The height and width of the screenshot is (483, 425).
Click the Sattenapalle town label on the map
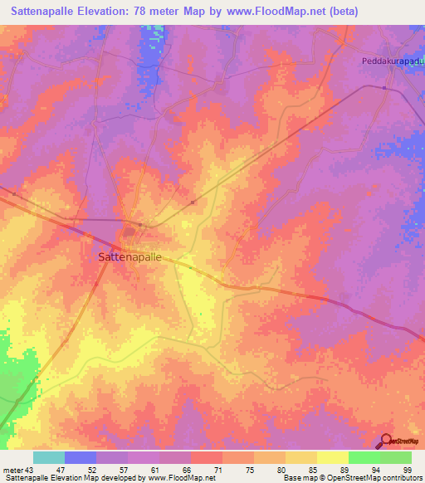(129, 257)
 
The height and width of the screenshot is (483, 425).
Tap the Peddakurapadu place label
(392, 61)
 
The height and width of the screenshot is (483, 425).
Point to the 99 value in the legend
(407, 469)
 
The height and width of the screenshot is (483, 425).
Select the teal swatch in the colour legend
(49, 457)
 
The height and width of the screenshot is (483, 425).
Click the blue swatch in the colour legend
(81, 457)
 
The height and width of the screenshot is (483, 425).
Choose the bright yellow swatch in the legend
(333, 457)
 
